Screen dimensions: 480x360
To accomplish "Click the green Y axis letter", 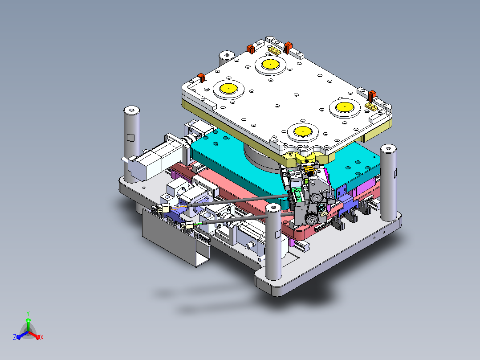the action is point(28,313).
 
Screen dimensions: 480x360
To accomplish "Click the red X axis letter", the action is point(42,337).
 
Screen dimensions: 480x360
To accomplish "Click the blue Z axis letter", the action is point(15,337).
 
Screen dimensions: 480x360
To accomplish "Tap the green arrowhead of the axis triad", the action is point(28,320).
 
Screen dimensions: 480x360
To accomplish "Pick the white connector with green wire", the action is point(187,225).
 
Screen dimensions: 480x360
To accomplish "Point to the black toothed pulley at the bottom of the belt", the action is point(312,220).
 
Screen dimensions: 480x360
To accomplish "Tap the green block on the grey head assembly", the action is point(297,195).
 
